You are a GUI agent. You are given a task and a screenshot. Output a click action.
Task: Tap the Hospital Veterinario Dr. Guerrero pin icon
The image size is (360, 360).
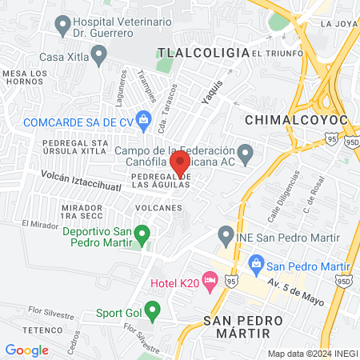(x=62, y=28)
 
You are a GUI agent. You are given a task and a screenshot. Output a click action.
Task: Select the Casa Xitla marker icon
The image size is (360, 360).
(x=99, y=56)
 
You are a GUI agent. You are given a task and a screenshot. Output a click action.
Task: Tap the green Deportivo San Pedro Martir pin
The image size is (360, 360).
(x=142, y=235)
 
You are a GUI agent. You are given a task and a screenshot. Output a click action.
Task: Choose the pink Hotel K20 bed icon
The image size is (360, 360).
(x=210, y=280)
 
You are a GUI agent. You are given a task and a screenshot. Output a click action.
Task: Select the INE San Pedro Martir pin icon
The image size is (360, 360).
(x=226, y=236)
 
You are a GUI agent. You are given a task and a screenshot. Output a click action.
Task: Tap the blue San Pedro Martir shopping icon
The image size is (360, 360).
(x=257, y=263)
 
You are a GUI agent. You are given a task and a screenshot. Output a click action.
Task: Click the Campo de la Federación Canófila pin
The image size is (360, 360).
(x=246, y=152)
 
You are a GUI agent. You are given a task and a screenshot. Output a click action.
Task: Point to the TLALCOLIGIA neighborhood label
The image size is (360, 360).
(x=203, y=52)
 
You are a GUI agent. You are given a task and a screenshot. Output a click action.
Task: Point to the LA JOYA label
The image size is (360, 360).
(x=336, y=24)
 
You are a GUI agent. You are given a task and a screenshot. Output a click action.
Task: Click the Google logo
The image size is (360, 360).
(x=26, y=350)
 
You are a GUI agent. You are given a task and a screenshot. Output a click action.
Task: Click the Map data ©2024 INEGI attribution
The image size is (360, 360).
(x=312, y=354)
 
